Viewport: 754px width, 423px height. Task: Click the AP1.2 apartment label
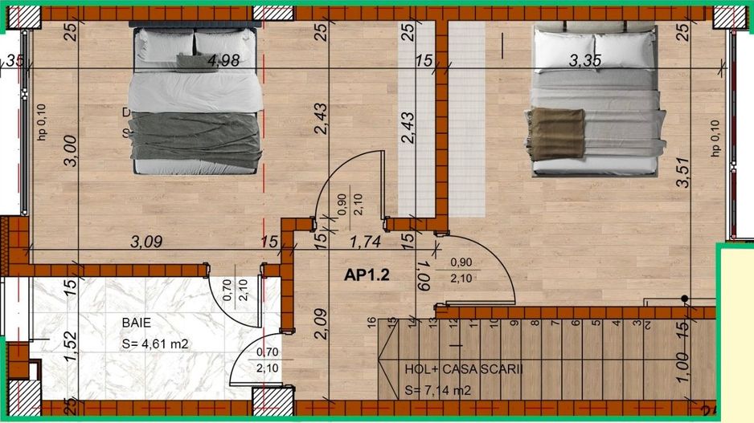click(x=367, y=275)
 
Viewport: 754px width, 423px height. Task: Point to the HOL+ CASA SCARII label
click(x=464, y=369)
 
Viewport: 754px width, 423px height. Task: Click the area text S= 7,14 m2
click(x=438, y=391)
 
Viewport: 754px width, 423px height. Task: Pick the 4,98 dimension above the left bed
click(x=223, y=60)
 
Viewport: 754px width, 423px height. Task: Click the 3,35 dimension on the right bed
click(x=586, y=60)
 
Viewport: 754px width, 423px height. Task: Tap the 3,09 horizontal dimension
click(x=147, y=239)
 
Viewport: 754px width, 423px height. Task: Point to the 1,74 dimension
click(x=364, y=239)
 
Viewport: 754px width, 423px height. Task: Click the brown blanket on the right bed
click(x=554, y=132)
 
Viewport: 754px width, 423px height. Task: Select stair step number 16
click(x=371, y=323)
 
